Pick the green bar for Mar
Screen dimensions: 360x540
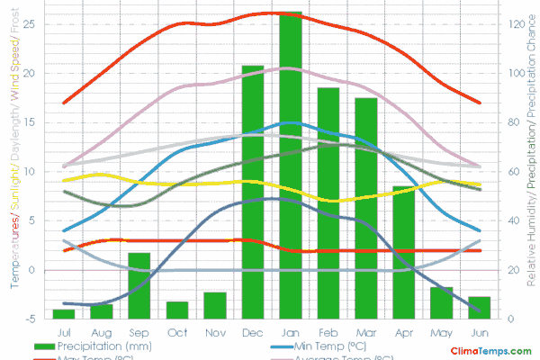[x=365, y=208]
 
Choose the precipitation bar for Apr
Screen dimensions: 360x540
[x=403, y=252]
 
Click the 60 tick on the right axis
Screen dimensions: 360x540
[x=513, y=171]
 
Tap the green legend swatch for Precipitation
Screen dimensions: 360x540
[x=44, y=346]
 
